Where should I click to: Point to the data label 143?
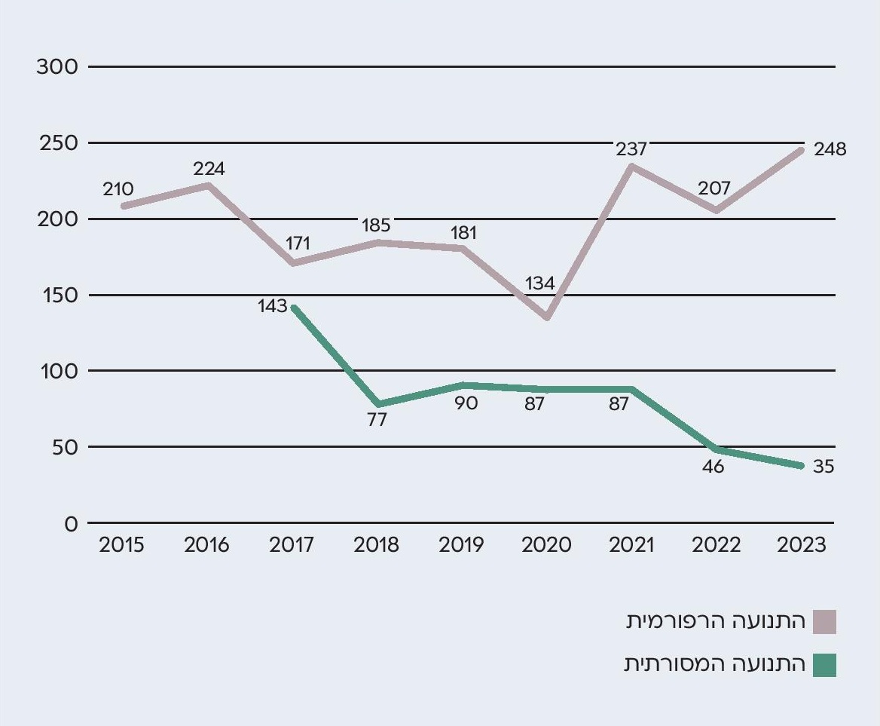272,305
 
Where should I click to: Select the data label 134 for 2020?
539,283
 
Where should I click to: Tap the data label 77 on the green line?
377,420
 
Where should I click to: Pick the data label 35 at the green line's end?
823,467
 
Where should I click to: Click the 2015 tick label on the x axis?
121,545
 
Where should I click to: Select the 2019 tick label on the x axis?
461,545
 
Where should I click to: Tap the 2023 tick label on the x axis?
802,545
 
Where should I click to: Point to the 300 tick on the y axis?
57,66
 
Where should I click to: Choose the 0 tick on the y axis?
71,523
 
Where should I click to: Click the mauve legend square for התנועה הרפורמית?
824,622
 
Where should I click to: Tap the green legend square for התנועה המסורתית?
824,665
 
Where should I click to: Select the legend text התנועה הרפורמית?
716,622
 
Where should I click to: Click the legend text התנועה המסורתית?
714,665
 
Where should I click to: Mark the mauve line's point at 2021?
631,166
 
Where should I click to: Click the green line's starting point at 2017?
293,307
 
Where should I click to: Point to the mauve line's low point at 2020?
546,317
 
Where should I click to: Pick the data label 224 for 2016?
209,168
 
